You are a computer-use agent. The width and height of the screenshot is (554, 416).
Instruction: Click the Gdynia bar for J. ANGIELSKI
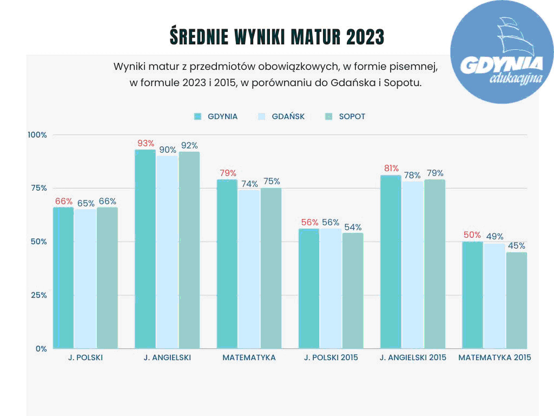(145, 249)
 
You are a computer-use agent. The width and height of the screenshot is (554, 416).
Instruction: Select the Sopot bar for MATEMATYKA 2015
(516, 300)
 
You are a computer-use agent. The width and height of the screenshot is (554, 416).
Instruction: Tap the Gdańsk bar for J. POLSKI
(85, 278)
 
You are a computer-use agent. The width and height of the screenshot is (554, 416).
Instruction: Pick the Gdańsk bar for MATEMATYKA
(249, 269)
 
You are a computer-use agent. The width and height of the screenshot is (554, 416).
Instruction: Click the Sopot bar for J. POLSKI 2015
(353, 290)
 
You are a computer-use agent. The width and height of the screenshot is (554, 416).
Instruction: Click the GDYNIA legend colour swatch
(197, 116)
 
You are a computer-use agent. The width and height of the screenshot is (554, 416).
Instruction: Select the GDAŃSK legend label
(288, 116)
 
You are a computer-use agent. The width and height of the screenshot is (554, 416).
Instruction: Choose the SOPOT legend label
(352, 116)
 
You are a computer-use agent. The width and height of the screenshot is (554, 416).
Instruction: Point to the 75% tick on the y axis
(38, 188)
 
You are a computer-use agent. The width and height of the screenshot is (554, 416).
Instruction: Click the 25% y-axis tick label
(38, 295)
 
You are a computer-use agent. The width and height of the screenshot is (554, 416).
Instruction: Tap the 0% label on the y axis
(41, 348)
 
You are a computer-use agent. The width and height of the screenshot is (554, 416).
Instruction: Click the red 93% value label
(146, 144)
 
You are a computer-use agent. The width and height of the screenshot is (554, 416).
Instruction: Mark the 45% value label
(516, 245)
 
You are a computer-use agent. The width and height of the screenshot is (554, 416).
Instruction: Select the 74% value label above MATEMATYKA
(249, 183)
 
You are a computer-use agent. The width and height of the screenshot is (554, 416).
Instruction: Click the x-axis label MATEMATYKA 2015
(494, 357)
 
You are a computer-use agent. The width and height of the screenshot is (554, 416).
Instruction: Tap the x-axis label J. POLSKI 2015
(331, 357)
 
